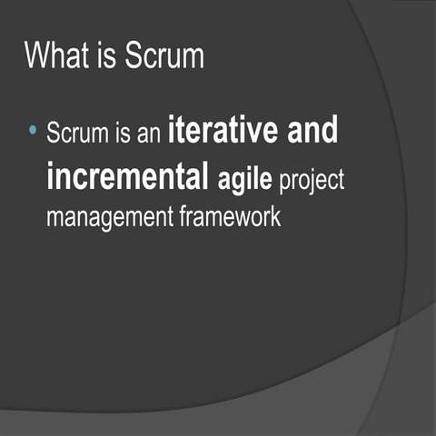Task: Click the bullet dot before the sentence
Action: click(x=33, y=132)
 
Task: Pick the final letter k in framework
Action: click(x=275, y=217)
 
